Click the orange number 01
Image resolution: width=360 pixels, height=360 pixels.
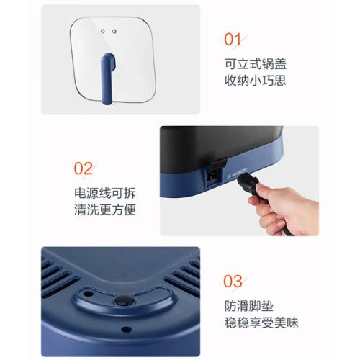pyautogui.click(x=233, y=40)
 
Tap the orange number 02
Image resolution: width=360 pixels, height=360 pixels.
pyautogui.click(x=83, y=168)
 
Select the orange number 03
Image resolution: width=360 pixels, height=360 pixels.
pyautogui.click(x=233, y=281)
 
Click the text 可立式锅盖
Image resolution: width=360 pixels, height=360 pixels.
pyautogui.click(x=256, y=64)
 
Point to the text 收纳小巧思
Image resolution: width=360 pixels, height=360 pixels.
pyautogui.click(x=256, y=81)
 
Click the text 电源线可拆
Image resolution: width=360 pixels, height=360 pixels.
pyautogui.click(x=105, y=193)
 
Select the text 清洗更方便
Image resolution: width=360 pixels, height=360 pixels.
pyautogui.click(x=105, y=210)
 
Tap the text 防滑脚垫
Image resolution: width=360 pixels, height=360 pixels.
pyautogui.click(x=249, y=306)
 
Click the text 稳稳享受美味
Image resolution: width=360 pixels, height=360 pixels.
pyautogui.click(x=261, y=323)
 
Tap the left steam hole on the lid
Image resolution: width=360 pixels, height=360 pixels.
pyautogui.click(x=103, y=31)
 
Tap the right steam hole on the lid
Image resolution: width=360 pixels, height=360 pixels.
pyautogui.click(x=114, y=31)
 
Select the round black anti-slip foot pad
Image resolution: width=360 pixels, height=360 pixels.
pyautogui.click(x=124, y=300)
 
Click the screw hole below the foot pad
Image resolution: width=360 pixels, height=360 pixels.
pyautogui.click(x=126, y=329)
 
